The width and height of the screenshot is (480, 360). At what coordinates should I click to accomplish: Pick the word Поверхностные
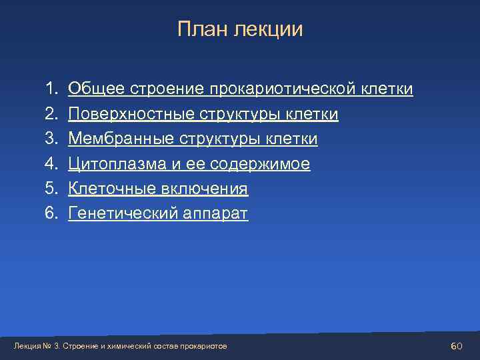[x=131, y=115]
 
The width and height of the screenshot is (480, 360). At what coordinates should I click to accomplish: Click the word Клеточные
[x=111, y=189]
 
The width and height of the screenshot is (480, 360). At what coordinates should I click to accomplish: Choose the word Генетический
[x=121, y=214]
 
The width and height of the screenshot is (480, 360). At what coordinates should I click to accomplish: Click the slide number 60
[x=457, y=346]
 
